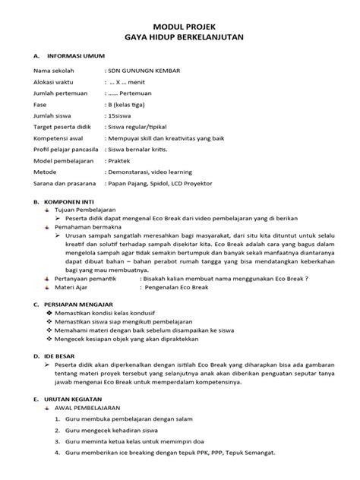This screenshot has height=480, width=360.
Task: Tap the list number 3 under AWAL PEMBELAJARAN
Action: [57, 441]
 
